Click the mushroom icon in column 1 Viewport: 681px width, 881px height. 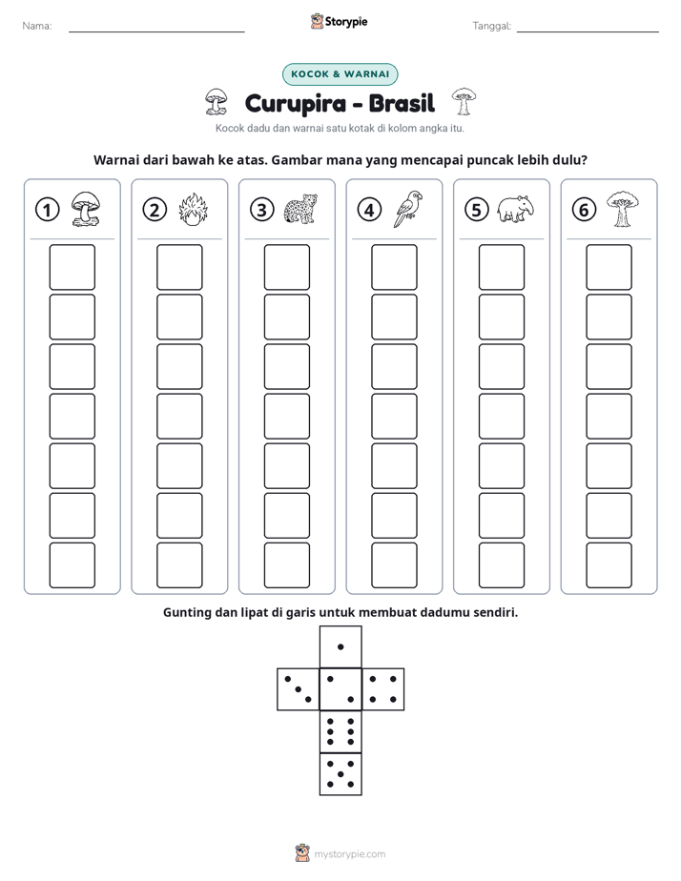[x=86, y=209]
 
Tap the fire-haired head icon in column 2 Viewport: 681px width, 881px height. [x=194, y=210]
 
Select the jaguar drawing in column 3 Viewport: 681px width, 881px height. [x=300, y=210]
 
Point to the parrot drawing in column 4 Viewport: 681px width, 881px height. [x=408, y=209]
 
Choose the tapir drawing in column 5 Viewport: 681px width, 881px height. [x=515, y=209]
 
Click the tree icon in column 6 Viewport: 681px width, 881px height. [x=622, y=209]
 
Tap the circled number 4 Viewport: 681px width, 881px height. [x=369, y=210]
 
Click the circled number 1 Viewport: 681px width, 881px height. [x=47, y=210]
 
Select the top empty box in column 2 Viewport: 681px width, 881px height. [x=179, y=267]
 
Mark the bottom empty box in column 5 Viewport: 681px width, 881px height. [x=502, y=565]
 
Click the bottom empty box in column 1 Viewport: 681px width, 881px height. [x=72, y=565]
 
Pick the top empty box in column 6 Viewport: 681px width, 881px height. [x=609, y=267]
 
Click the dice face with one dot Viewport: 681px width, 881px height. [x=340, y=646]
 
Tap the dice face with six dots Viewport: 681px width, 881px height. [x=340, y=731]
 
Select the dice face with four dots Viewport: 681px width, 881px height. [x=383, y=689]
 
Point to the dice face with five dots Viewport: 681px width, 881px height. [x=340, y=774]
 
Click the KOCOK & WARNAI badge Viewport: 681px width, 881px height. [x=340, y=74]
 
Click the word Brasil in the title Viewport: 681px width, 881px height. [x=402, y=103]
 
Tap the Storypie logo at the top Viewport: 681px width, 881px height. [x=339, y=21]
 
